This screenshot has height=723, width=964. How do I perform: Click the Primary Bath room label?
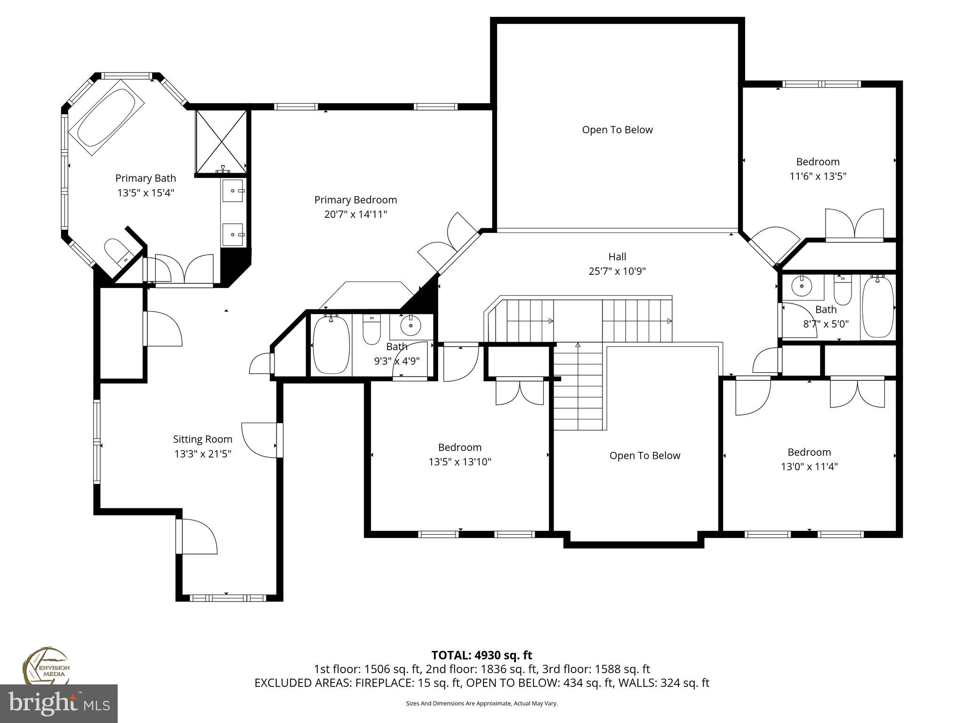tap(145, 178)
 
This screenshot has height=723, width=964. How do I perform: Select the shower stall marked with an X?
tap(221, 141)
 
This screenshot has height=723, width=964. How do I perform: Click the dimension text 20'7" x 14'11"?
tap(355, 215)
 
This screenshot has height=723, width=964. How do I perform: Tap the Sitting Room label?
tap(202, 439)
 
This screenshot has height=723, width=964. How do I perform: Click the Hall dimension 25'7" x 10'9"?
tap(617, 271)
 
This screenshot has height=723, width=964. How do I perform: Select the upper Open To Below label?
tap(617, 130)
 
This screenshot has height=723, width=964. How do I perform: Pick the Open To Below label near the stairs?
tap(644, 456)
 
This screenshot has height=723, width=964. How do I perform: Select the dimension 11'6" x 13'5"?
tap(818, 177)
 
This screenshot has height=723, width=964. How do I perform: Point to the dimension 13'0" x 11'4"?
tap(809, 467)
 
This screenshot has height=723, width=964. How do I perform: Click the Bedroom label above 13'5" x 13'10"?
tap(459, 447)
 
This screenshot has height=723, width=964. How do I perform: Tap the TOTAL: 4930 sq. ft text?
tap(482, 655)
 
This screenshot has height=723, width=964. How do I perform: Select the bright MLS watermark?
tap(59, 703)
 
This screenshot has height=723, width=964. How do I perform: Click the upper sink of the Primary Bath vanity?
tap(233, 191)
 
